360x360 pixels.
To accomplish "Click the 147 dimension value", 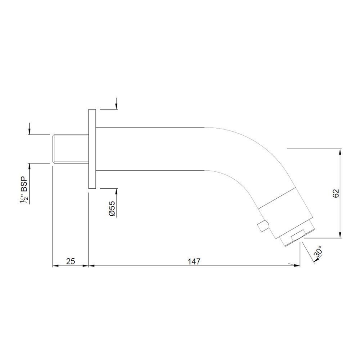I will (193, 261).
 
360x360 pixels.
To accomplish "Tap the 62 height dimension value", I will (336, 193).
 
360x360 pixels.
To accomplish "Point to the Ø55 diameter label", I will (112, 208).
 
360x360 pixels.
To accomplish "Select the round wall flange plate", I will (92, 149).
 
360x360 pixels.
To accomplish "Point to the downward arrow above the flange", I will (117, 106).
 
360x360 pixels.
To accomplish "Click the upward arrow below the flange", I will (117, 191).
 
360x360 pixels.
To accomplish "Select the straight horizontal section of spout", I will (150, 149).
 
